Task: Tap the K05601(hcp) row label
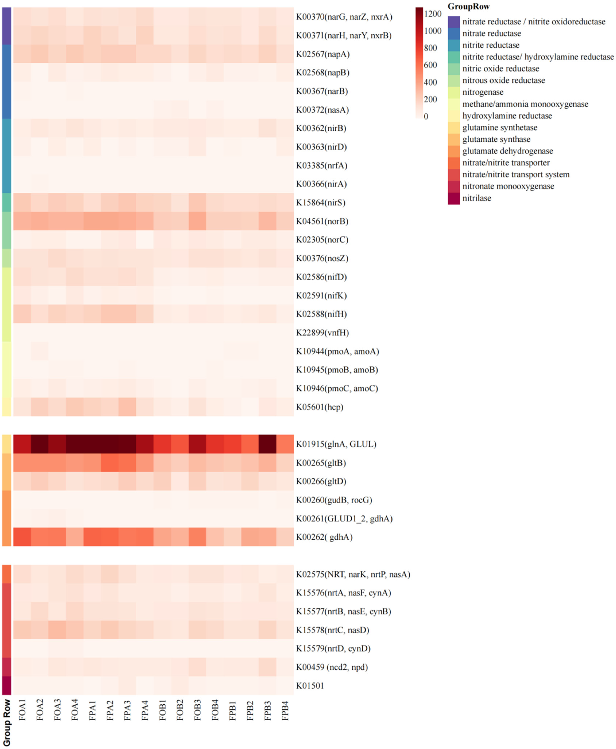[320, 407]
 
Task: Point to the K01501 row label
[310, 686]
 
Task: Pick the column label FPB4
[285, 710]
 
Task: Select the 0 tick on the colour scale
[426, 116]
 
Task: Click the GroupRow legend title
[468, 6]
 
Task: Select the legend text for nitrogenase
[483, 92]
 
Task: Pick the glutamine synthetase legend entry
[500, 128]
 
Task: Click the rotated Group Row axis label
[7, 723]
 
